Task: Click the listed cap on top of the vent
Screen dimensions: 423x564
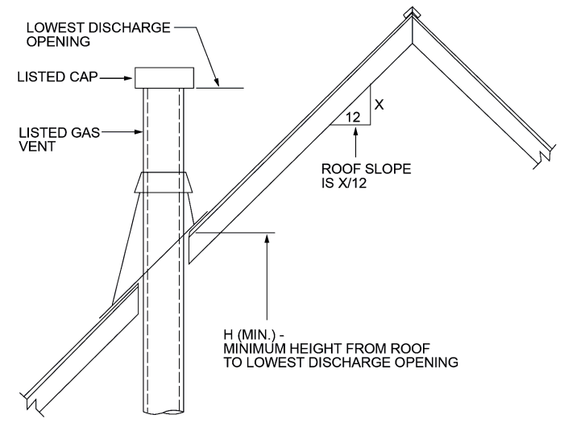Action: [x=164, y=78]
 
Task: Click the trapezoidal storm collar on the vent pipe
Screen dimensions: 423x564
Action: [x=164, y=186]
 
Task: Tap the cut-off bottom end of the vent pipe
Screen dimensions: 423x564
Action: [x=164, y=413]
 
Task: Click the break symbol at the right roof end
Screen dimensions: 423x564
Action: [x=545, y=151]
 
